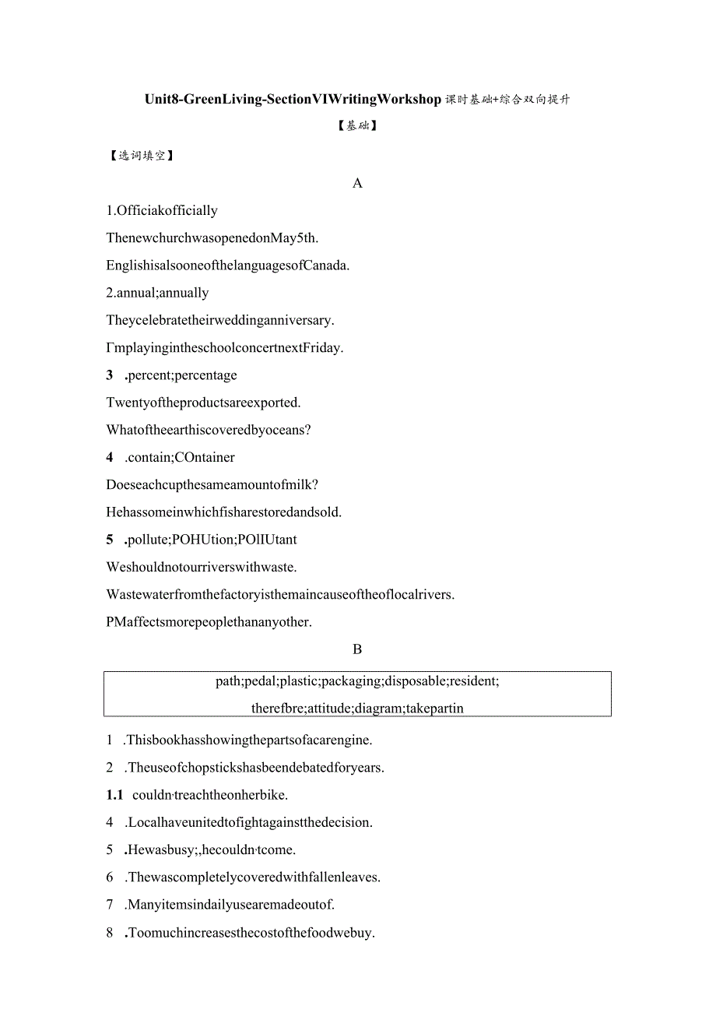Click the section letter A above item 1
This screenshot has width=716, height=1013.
point(357,184)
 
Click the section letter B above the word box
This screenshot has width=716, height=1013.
point(357,649)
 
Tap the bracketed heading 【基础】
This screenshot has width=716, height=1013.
point(357,125)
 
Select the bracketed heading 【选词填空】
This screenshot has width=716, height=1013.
point(141,156)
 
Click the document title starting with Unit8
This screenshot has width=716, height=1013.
point(357,100)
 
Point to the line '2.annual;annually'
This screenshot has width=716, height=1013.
point(158,294)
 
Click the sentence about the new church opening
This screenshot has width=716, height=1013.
point(212,238)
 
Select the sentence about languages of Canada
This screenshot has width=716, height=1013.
point(228,266)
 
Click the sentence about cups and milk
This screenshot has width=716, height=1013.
point(212,485)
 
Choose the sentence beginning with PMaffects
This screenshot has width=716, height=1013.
point(209,622)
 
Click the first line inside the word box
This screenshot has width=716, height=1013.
point(357,681)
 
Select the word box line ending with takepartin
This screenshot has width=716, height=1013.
point(357,709)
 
